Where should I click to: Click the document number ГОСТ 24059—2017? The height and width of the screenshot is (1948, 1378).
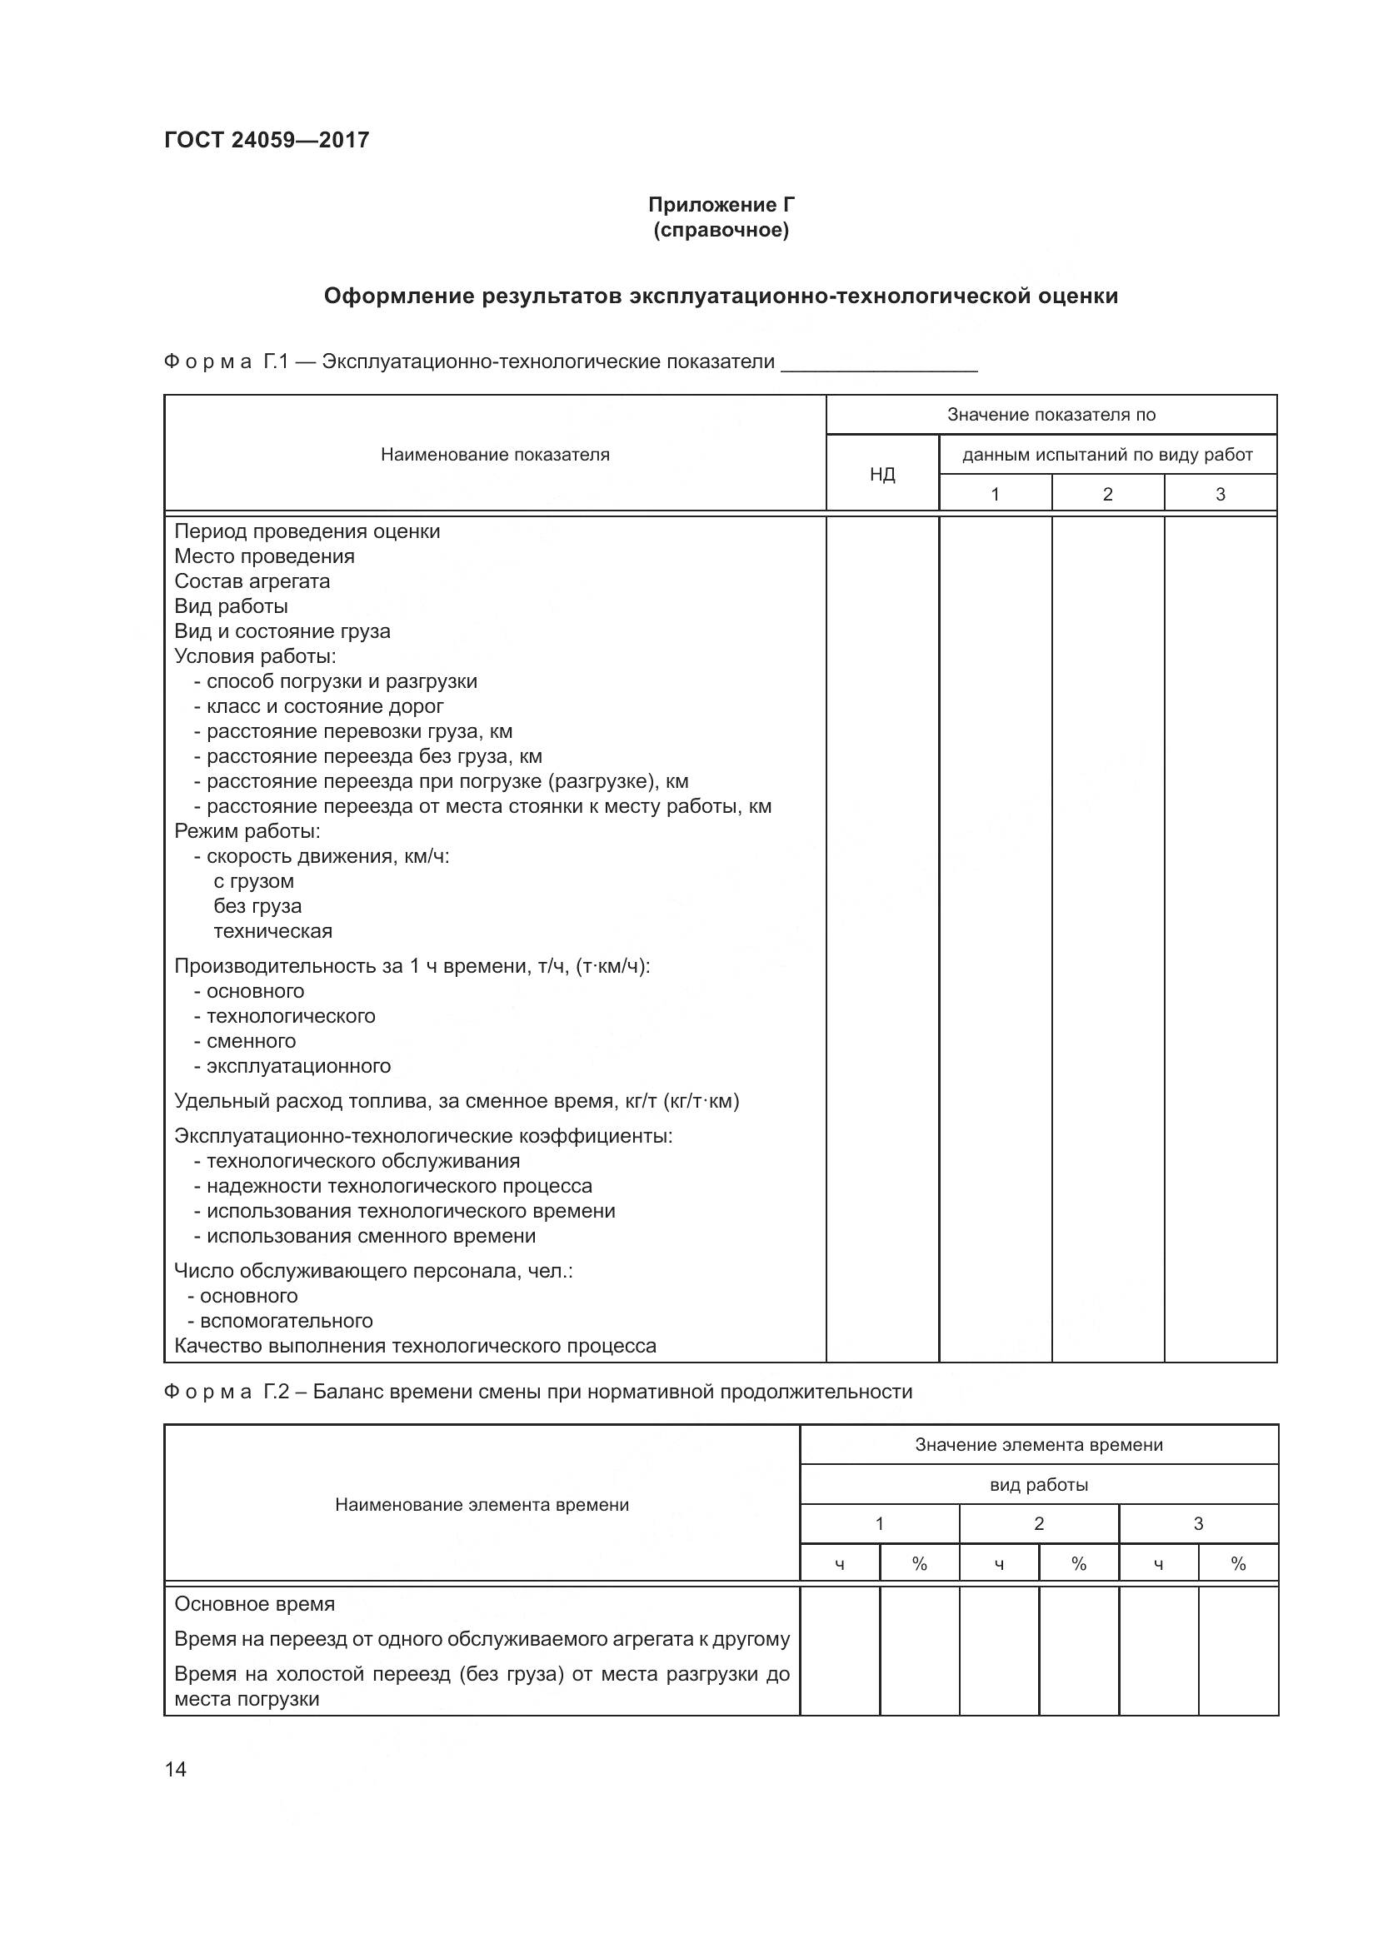[x=267, y=140]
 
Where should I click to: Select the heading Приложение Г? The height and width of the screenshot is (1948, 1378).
[x=721, y=205]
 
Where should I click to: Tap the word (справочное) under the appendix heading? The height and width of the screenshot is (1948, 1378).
[x=721, y=230]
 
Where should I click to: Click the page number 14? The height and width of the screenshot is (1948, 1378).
[x=176, y=1769]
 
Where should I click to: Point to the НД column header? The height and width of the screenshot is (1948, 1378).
[x=882, y=474]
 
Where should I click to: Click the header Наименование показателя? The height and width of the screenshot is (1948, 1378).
[x=495, y=455]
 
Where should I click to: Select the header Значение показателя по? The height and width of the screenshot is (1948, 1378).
[x=1051, y=415]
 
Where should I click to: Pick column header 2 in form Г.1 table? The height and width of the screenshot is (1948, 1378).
[x=1107, y=494]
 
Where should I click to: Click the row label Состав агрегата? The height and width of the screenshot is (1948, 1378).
[x=252, y=581]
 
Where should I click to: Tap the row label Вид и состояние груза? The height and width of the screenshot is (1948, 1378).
[x=282, y=631]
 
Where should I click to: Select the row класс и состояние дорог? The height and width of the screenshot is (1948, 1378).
[x=325, y=706]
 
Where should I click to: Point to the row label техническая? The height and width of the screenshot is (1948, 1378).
[x=272, y=931]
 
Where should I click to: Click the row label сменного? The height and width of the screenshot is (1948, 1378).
[x=251, y=1041]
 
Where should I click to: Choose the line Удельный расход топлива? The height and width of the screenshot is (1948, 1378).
[x=457, y=1101]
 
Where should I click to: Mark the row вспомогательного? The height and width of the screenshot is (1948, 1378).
[x=286, y=1321]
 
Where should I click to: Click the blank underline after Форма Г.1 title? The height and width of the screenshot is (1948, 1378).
[x=879, y=365]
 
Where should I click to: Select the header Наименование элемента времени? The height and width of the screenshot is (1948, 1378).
[x=482, y=1505]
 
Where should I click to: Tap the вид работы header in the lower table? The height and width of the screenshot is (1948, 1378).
[x=1039, y=1485]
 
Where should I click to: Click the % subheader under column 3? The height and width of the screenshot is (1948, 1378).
[x=1238, y=1564]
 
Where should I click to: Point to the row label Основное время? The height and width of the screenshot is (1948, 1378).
[x=255, y=1604]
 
